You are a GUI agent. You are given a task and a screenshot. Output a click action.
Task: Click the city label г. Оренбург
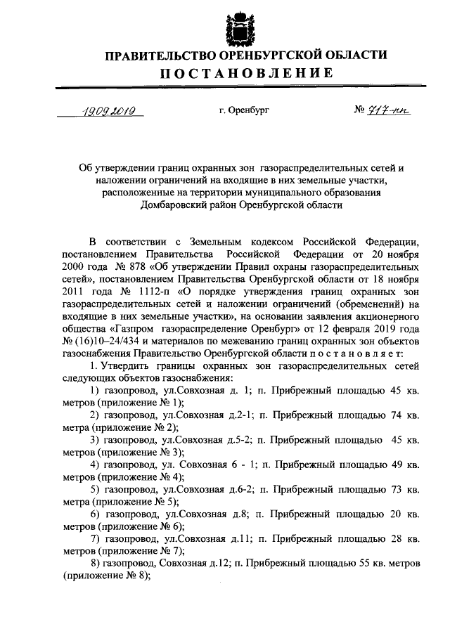tap(244, 111)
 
